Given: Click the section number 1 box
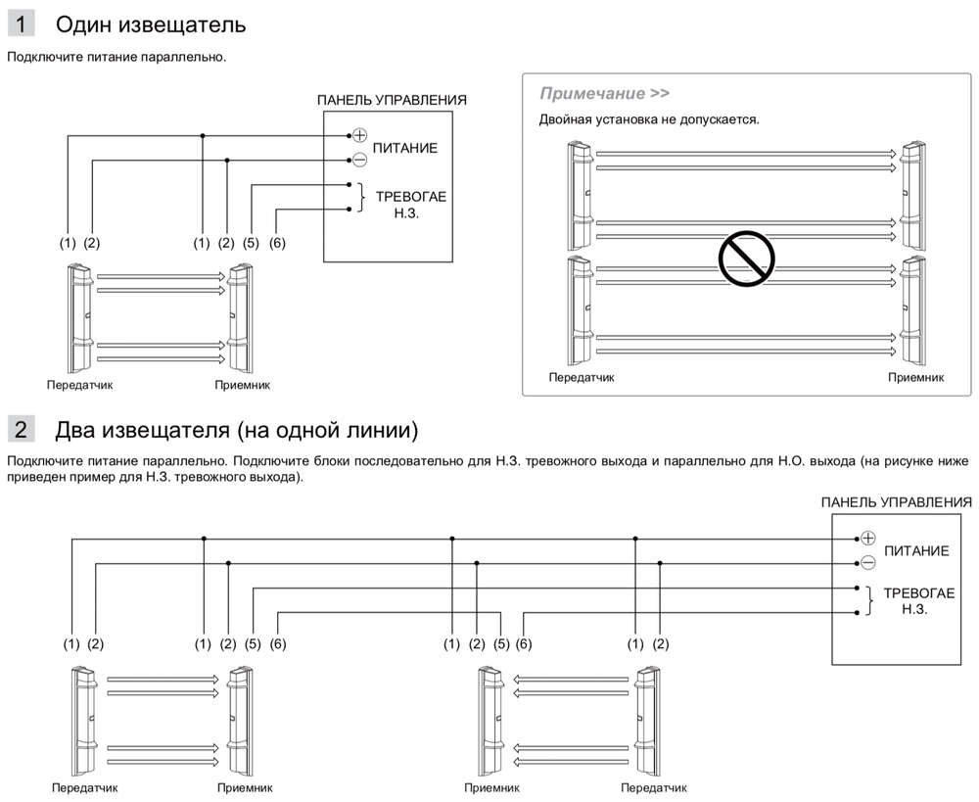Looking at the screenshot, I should tap(21, 24).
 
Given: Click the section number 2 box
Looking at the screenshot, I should tap(21, 429).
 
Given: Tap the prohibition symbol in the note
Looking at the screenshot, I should tap(746, 258).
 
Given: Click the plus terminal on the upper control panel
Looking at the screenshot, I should tap(358, 135).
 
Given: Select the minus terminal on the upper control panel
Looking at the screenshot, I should tap(358, 160).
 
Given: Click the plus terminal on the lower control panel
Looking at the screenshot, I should tap(866, 538).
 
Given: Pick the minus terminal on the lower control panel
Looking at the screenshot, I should tap(866, 562).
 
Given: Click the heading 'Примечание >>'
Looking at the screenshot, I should tap(604, 94).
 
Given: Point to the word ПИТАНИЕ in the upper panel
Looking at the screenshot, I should tap(405, 148).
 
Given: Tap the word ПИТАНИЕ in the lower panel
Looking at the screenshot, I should tap(916, 550).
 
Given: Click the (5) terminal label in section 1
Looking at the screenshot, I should tap(252, 243).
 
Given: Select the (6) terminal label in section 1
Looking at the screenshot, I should tap(276, 243).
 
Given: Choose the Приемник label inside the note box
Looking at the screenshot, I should tap(915, 377).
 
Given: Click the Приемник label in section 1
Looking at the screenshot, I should tap(242, 385).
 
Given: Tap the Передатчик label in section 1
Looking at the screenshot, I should tap(80, 385).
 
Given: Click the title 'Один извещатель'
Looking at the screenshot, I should tap(151, 24).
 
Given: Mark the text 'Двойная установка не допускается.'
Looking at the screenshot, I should tap(649, 119).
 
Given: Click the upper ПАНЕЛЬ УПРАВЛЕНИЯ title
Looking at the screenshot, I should tap(392, 100).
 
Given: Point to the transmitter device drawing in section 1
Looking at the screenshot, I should tap(79, 313).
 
